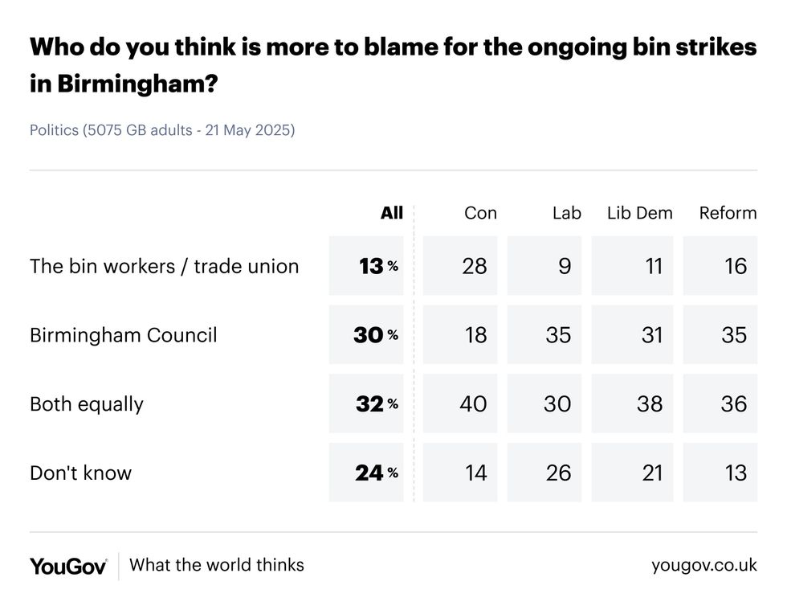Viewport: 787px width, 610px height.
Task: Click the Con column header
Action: tap(480, 213)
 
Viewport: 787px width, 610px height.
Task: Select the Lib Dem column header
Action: tap(639, 213)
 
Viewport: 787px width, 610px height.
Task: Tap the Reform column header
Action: tap(728, 213)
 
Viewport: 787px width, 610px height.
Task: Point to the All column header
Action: tap(391, 213)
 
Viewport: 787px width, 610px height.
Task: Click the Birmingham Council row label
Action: tap(123, 334)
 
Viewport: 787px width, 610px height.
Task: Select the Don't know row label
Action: tap(80, 473)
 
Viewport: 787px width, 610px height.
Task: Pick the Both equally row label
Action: tap(86, 403)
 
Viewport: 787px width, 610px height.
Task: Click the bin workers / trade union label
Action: tap(164, 266)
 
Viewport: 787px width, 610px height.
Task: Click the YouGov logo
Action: tap(68, 566)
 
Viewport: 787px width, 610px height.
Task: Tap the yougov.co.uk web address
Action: tap(703, 565)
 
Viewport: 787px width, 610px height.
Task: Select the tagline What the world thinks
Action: tap(216, 565)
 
